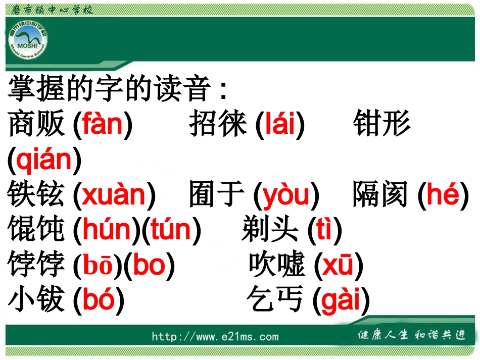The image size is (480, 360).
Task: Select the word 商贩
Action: tap(37, 124)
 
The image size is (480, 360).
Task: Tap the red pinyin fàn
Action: tap(103, 124)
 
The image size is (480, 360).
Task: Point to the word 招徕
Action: tap(218, 124)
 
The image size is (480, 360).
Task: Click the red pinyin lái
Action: tap(279, 124)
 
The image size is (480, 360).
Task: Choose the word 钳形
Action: tap(381, 124)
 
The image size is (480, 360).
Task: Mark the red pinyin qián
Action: tap(44, 160)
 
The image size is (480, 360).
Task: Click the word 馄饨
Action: tap(37, 230)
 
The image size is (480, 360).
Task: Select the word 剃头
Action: tap(271, 230)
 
